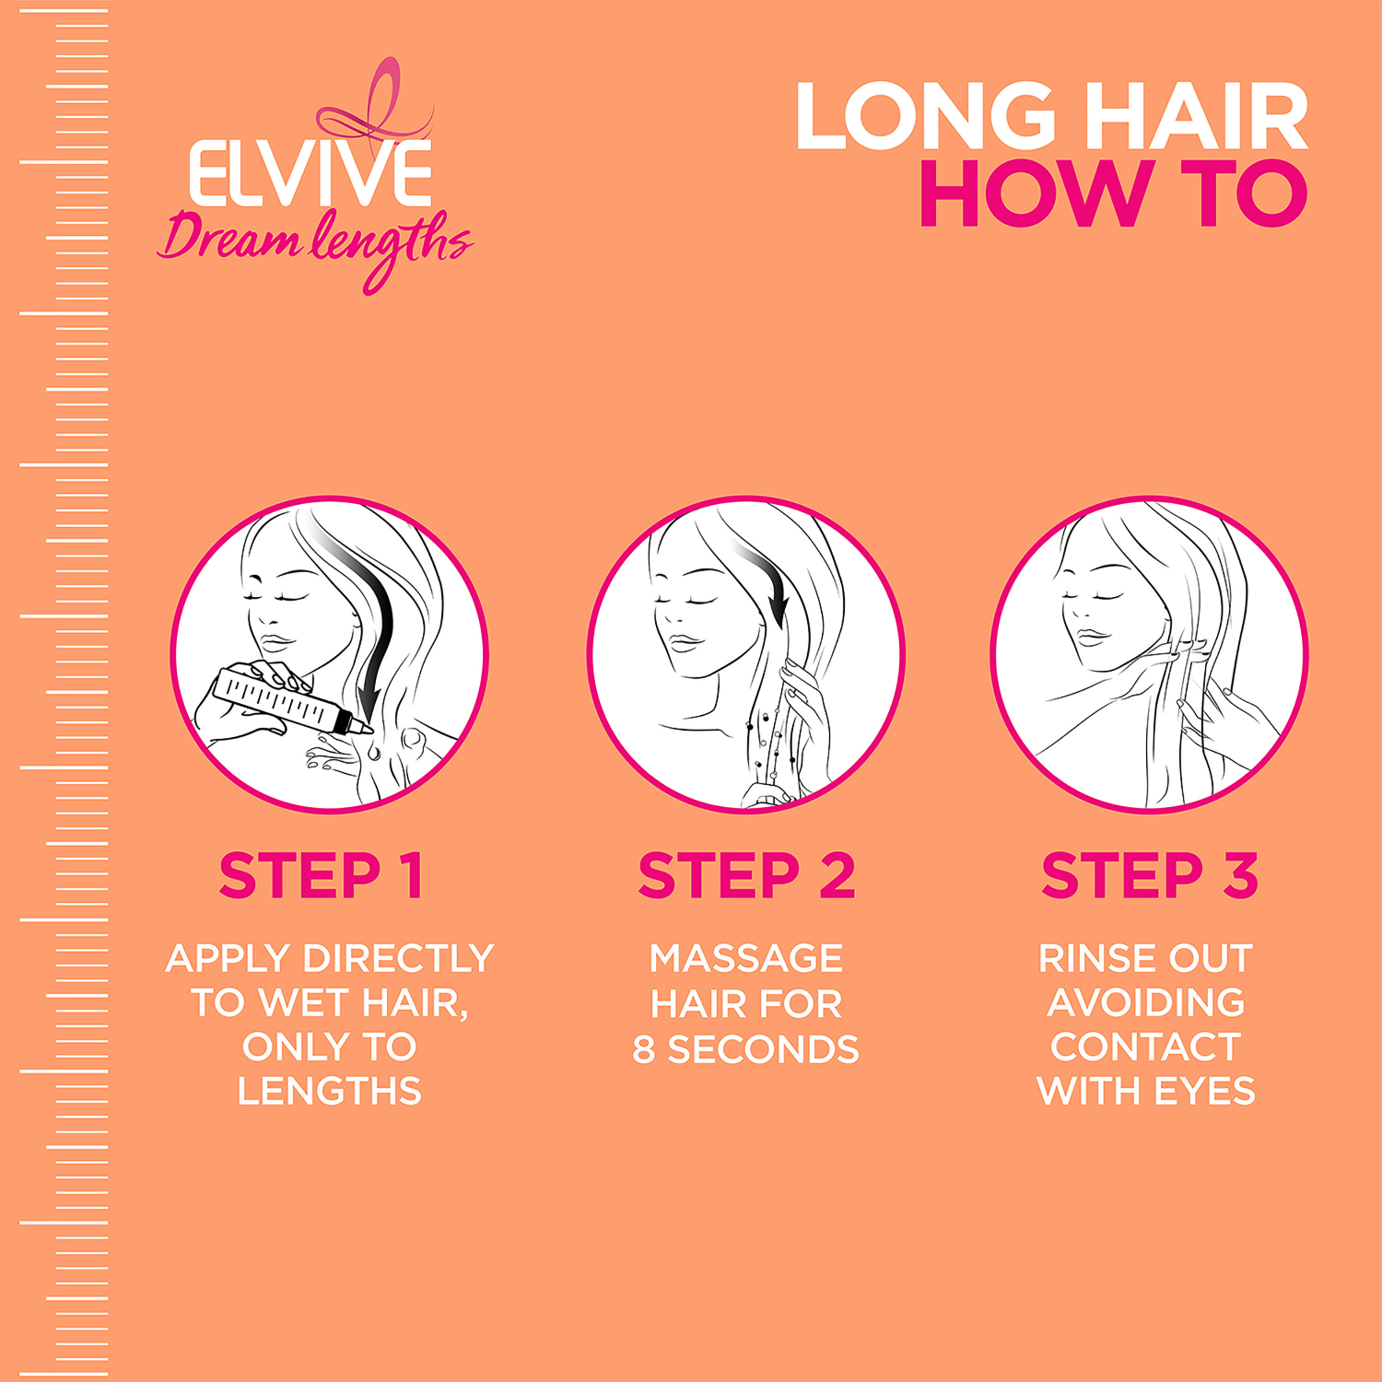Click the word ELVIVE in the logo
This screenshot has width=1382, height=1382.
[310, 173]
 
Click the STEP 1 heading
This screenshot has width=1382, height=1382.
[321, 875]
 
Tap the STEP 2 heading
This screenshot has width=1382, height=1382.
[746, 875]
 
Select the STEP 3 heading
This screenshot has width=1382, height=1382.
[1149, 875]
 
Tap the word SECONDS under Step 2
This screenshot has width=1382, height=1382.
[763, 1049]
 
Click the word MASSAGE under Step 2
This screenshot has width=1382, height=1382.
[745, 959]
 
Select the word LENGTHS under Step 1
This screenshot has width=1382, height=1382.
[329, 1092]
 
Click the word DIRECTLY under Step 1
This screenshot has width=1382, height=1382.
[399, 959]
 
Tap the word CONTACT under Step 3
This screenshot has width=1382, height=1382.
[1145, 1048]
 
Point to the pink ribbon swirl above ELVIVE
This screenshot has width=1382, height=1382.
[378, 106]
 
